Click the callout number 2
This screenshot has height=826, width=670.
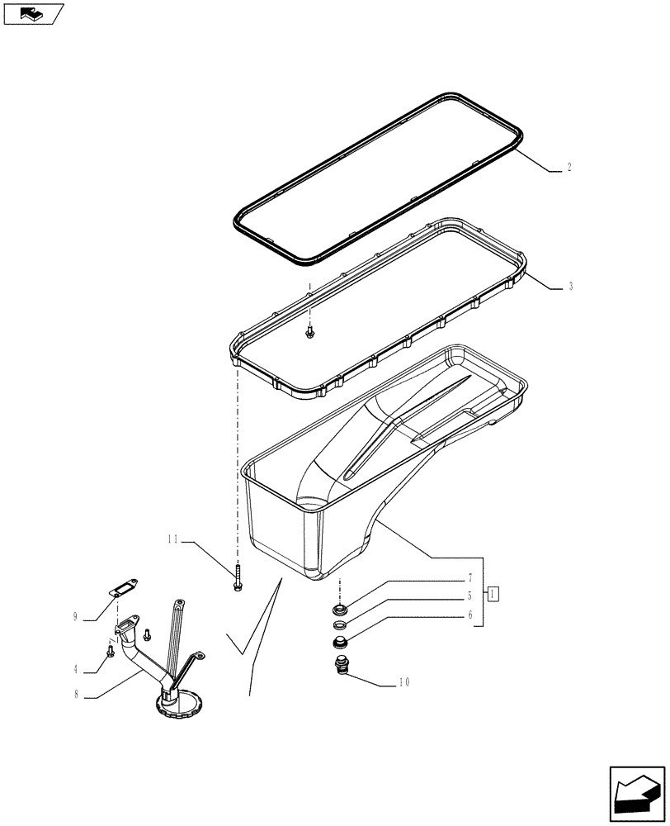click(569, 167)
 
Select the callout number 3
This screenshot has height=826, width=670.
click(570, 287)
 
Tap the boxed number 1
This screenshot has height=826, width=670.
click(493, 593)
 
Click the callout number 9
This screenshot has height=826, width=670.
click(74, 616)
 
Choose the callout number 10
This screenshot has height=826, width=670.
click(404, 682)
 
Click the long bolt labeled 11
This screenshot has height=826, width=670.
click(238, 576)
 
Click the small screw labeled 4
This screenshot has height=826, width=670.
click(110, 653)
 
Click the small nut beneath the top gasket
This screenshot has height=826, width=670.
click(309, 331)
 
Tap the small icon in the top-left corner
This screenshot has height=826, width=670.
click(33, 13)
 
